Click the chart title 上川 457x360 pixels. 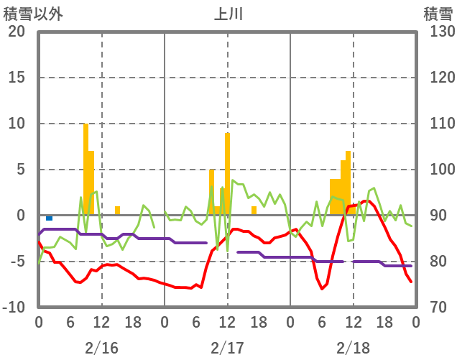[x=228, y=14]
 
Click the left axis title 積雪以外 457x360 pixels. [x=33, y=14]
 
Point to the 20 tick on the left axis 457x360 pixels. [x=16, y=32]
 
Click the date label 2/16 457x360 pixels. [x=101, y=348]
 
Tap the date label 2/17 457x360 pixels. [x=227, y=348]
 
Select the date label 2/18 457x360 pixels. [x=353, y=348]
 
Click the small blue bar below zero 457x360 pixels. [x=49, y=218]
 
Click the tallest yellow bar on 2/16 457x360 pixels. [x=86, y=169]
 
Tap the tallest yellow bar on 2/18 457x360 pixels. [x=348, y=183]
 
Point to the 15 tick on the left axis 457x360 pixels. [x=16, y=78]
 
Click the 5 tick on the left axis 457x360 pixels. [x=19, y=170]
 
